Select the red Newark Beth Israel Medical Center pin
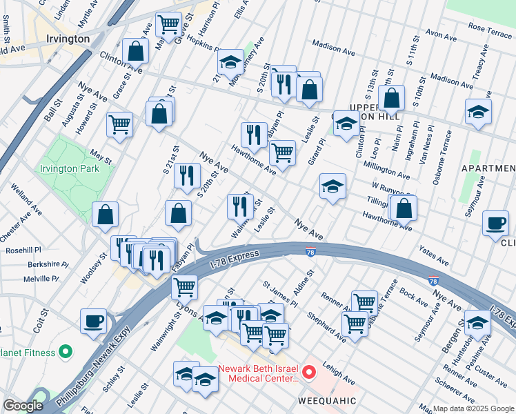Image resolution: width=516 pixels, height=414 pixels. point(308,373)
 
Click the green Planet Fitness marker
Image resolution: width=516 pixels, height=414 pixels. point(66,353)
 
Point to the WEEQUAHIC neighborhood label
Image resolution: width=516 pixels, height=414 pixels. point(326,400)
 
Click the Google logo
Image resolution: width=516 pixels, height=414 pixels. point(23,406)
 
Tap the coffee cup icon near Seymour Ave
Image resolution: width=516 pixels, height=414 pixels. point(495,224)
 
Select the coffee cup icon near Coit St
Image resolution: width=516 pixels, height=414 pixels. point(93,320)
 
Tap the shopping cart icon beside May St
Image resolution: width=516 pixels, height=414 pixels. point(119,125)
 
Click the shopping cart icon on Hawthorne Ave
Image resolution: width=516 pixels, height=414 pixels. point(281,152)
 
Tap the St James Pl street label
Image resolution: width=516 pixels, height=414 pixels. point(279,294)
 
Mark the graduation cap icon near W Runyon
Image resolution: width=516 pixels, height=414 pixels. point(333,186)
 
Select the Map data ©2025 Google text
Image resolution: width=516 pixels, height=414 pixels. point(473,408)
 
